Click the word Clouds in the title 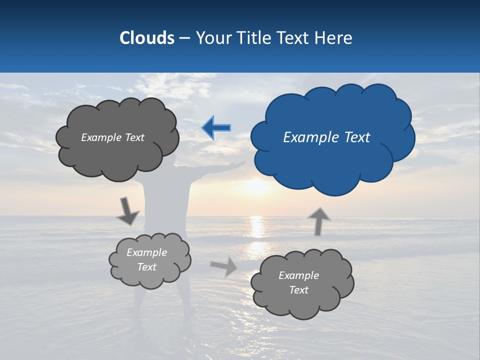click(146, 38)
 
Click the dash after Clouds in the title click(184, 38)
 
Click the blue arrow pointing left click(216, 128)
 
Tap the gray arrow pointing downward click(127, 211)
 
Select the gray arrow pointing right click(224, 266)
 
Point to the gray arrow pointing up click(318, 221)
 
